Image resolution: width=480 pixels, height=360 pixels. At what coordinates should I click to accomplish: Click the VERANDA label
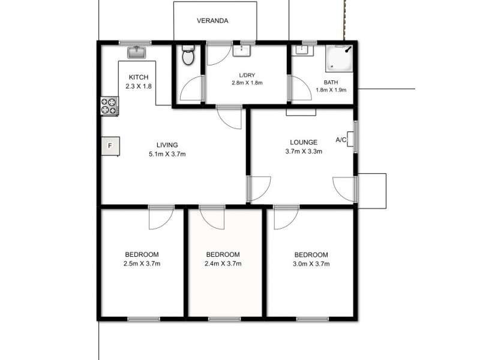click(212, 21)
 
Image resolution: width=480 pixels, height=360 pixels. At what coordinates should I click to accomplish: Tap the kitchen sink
click(137, 52)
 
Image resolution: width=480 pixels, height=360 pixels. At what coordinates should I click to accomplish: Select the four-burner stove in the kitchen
click(109, 106)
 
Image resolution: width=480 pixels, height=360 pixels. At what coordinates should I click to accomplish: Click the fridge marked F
click(110, 146)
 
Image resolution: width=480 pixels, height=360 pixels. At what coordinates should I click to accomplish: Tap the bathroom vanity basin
click(299, 50)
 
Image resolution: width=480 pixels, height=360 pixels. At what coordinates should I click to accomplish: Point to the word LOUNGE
click(303, 142)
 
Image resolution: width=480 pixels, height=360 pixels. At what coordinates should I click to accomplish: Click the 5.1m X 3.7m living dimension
click(167, 154)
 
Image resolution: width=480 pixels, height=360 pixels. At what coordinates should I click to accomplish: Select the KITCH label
click(138, 77)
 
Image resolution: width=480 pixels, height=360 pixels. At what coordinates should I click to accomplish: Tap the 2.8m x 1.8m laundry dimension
click(248, 83)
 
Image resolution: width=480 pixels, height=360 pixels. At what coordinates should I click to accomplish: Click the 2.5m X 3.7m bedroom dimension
click(142, 263)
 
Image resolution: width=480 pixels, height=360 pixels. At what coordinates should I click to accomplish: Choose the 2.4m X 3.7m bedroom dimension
click(223, 263)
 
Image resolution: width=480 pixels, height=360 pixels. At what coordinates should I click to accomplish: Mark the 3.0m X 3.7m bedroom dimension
click(311, 263)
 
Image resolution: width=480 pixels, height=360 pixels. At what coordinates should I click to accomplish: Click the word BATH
click(331, 83)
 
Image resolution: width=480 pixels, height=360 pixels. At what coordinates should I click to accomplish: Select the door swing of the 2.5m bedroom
click(161, 217)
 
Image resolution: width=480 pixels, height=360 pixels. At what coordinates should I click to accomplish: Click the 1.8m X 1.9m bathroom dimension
click(331, 91)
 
